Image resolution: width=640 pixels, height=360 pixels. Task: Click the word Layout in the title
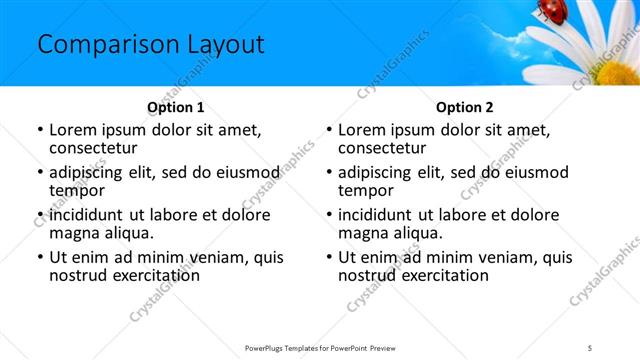tap(218, 45)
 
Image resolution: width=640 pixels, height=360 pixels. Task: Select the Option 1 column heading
tap(176, 107)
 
